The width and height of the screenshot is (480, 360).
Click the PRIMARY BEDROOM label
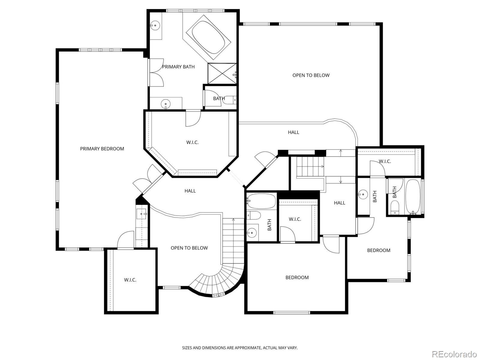coord(102,149)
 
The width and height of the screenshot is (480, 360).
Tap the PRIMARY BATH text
coord(178,67)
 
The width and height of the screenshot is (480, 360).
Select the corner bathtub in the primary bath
coord(208,37)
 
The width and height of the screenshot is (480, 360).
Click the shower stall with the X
coord(222,73)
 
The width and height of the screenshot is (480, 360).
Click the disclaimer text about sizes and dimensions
coord(240,347)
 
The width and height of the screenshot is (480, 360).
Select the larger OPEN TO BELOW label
coord(311,75)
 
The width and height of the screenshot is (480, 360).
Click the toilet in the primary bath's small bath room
coord(230,100)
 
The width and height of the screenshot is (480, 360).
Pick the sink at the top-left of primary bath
coord(155,26)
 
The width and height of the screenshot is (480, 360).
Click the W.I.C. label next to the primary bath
coord(192,142)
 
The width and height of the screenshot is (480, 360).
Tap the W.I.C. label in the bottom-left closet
coord(130,280)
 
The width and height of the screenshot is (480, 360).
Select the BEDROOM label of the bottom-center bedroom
coord(297,277)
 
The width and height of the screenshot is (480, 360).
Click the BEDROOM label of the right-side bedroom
coord(379,250)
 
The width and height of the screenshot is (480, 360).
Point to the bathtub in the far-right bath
coord(413,197)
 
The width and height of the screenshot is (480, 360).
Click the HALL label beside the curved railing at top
coord(293,132)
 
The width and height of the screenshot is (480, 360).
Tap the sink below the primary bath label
coord(166,104)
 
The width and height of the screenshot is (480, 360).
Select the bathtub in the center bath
coord(261,201)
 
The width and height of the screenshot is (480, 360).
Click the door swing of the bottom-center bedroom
coord(331,245)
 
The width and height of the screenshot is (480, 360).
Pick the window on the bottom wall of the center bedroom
coord(292,313)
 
